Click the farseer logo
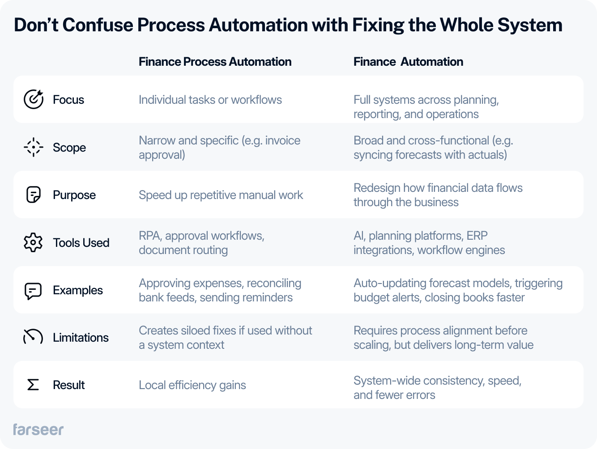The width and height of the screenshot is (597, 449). point(38,429)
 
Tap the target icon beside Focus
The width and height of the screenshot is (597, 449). point(34,99)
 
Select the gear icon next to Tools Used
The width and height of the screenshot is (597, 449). point(33,242)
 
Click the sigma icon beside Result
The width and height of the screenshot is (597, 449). point(33,385)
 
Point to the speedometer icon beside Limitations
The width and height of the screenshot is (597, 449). point(33,337)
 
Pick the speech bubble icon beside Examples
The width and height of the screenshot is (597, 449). point(33,291)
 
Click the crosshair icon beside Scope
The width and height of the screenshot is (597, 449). point(33,147)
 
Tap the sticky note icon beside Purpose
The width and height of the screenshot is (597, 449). point(34,195)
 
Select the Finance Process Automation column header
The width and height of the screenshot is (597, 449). point(215,62)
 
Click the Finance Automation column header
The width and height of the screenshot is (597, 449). point(408,62)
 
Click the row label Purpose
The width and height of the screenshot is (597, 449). point(74,195)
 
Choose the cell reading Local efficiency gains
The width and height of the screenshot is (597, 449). point(192,385)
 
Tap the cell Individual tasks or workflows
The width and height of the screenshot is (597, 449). point(210,100)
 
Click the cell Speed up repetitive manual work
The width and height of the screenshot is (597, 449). point(221,195)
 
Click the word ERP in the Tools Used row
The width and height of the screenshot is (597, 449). point(477,236)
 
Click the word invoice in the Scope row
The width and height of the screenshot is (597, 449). point(283,140)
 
